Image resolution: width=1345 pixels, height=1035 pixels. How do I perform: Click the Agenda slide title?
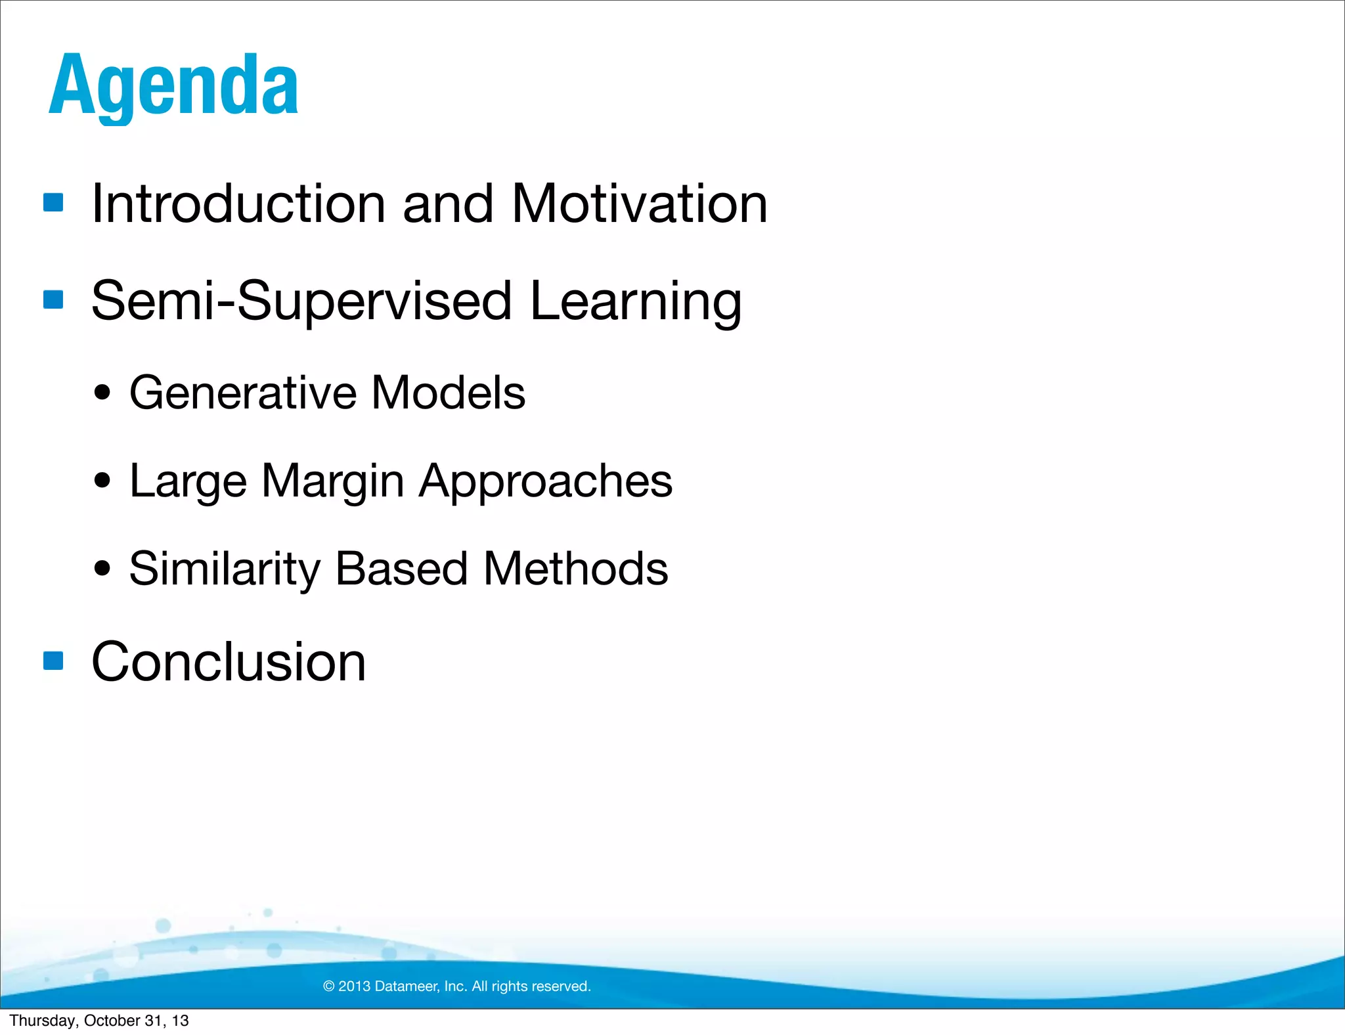(x=173, y=85)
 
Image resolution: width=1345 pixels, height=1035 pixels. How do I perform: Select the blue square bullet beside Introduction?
(x=53, y=202)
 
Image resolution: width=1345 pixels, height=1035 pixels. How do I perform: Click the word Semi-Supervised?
(x=301, y=301)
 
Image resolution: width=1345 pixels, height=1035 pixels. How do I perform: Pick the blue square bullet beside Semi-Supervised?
(x=53, y=299)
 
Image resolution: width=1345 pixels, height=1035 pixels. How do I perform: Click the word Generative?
(x=242, y=393)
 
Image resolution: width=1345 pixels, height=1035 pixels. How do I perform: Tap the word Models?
(x=449, y=393)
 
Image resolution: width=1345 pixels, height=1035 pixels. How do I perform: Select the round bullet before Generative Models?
(x=102, y=393)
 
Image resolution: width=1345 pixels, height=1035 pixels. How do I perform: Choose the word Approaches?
(x=546, y=481)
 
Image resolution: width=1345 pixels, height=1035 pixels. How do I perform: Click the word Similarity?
(x=224, y=569)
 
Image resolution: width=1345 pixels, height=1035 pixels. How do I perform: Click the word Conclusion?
(x=228, y=662)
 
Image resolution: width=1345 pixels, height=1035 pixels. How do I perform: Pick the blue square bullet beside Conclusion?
(x=53, y=660)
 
